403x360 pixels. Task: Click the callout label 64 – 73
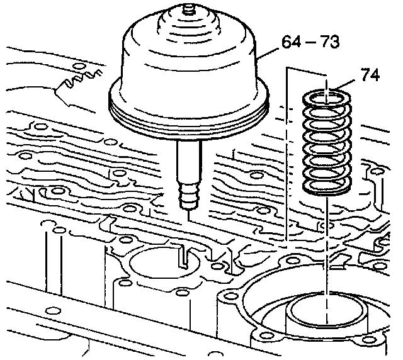coord(310,42)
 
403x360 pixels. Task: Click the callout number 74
coord(370,75)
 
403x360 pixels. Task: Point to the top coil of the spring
coord(326,99)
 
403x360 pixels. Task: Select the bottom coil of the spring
coord(326,186)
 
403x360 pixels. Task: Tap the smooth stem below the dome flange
coord(189,160)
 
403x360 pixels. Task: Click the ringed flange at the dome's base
coord(189,111)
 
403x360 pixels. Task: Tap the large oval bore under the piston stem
coord(164,262)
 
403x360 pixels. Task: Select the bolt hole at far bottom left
coord(52,310)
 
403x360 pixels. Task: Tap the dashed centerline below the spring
coord(327,259)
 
